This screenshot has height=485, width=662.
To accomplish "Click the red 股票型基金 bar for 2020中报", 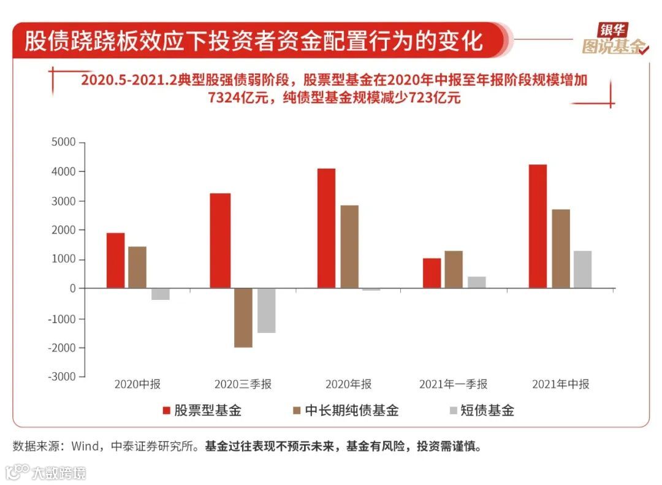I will coord(115,261).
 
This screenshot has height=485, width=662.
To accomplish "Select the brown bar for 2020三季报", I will coord(243,318).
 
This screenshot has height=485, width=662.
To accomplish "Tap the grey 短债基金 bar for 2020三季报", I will coord(266,310).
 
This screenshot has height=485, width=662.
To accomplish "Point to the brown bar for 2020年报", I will coord(349,246).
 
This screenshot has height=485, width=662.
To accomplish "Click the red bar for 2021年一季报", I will coord(432,273).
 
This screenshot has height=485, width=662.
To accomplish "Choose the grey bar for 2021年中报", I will coord(582,269).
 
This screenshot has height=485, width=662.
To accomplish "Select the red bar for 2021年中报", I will coord(538,226).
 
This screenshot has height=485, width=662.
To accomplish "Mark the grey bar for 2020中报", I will coord(160,294).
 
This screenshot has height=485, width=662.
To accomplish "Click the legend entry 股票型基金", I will coord(202,410).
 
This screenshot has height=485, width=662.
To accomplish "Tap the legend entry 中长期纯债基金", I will coord(346,410).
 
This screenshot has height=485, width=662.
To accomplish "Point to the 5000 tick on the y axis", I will coord(64,142).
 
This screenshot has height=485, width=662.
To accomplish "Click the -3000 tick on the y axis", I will coord(61,376).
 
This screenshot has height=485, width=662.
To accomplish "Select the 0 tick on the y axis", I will coord(72,289).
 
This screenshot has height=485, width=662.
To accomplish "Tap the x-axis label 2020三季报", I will coord(243,384).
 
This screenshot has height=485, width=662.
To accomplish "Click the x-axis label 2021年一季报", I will coord(453,384).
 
